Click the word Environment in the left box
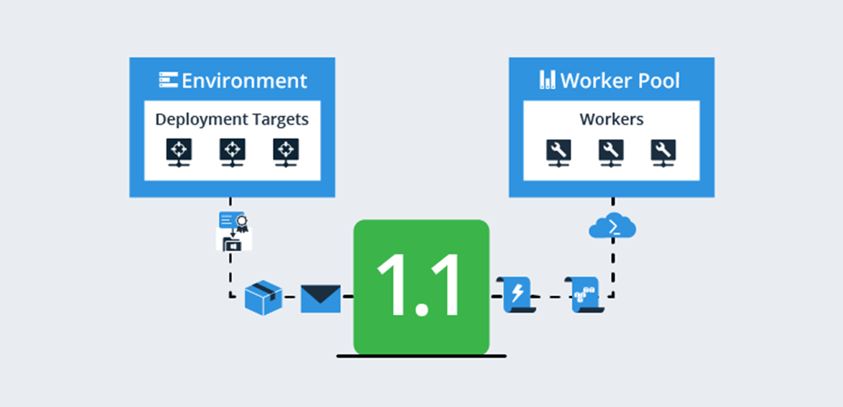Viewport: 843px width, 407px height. [244, 80]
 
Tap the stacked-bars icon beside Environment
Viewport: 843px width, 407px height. [168, 79]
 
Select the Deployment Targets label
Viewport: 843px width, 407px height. [232, 119]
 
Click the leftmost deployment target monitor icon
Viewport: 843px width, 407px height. [178, 153]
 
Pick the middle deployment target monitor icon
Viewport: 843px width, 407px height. [231, 153]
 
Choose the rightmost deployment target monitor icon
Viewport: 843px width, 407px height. [285, 153]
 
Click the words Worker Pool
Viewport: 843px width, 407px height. [620, 80]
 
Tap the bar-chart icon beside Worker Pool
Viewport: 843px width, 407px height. [548, 79]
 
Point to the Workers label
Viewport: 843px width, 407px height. [612, 119]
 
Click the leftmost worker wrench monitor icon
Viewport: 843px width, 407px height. [558, 153]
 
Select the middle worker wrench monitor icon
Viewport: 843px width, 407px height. [611, 153]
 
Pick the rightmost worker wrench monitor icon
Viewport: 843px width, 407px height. [664, 153]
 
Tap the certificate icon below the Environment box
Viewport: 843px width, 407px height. [233, 231]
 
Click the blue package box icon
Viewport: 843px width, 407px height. [263, 297]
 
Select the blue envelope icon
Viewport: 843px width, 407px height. [321, 298]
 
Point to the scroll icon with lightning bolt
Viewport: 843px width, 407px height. [517, 294]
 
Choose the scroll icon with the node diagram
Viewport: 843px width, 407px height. [585, 294]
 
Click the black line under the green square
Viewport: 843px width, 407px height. [421, 356]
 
